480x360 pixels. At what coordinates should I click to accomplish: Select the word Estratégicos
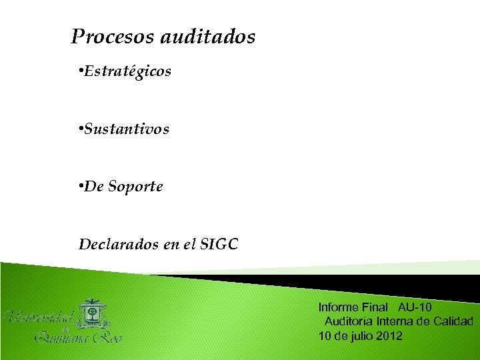coord(127,70)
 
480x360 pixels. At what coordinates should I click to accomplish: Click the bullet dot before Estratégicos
coord(80,70)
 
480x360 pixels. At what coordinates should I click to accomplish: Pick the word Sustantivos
coord(127,128)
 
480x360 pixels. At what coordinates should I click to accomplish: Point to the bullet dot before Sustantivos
coord(80,128)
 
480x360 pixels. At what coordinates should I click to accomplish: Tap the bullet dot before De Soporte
coord(80,187)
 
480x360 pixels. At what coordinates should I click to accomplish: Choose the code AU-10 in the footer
coord(415,307)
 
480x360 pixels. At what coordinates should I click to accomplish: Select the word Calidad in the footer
coord(453,321)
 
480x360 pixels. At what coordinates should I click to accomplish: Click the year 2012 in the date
coord(389,335)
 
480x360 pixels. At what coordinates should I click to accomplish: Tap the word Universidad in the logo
coord(40,317)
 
